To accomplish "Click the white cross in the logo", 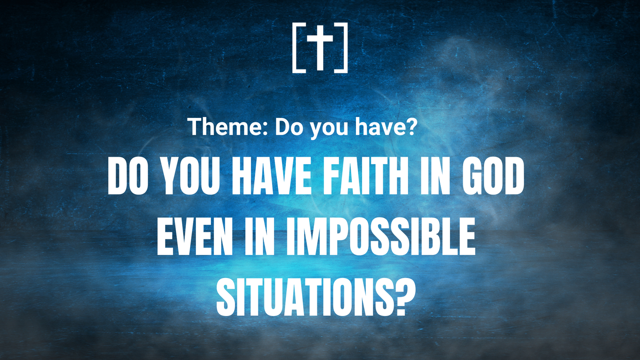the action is pyautogui.click(x=320, y=48).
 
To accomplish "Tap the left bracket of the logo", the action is pyautogui.click(x=294, y=48).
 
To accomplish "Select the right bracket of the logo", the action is pyautogui.click(x=346, y=48).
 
